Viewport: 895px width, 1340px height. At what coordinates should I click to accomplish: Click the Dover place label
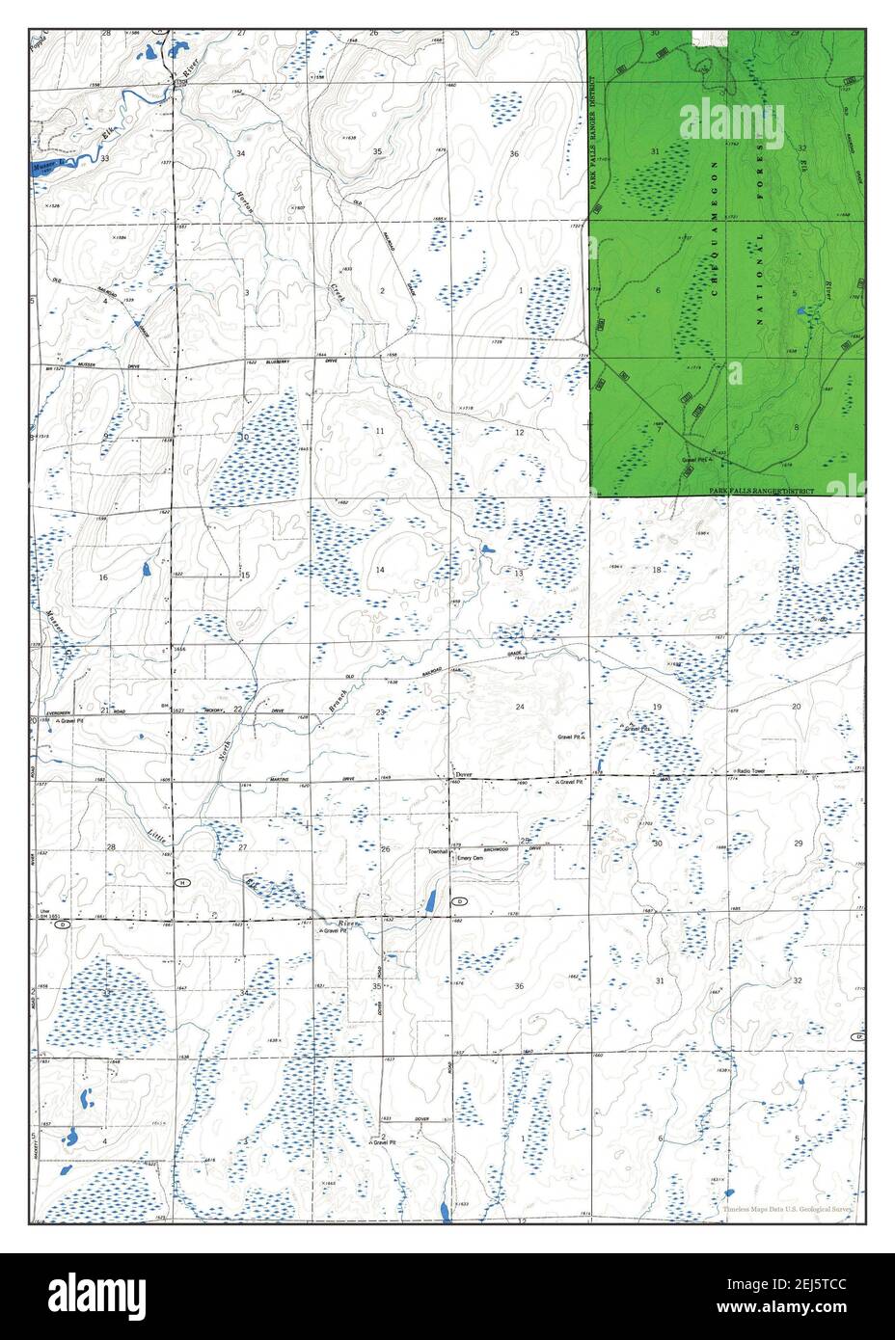tap(464, 774)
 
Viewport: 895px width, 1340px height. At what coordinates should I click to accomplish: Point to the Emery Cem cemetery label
tap(470, 852)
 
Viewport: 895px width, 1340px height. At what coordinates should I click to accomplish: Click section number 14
tap(380, 571)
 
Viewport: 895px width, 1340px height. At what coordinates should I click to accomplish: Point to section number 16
tap(102, 576)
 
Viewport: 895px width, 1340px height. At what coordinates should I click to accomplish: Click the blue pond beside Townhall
tap(430, 902)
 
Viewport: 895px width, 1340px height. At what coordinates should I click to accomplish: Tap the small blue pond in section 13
tap(486, 550)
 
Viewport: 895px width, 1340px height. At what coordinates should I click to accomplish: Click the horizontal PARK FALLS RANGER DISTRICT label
tap(762, 492)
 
